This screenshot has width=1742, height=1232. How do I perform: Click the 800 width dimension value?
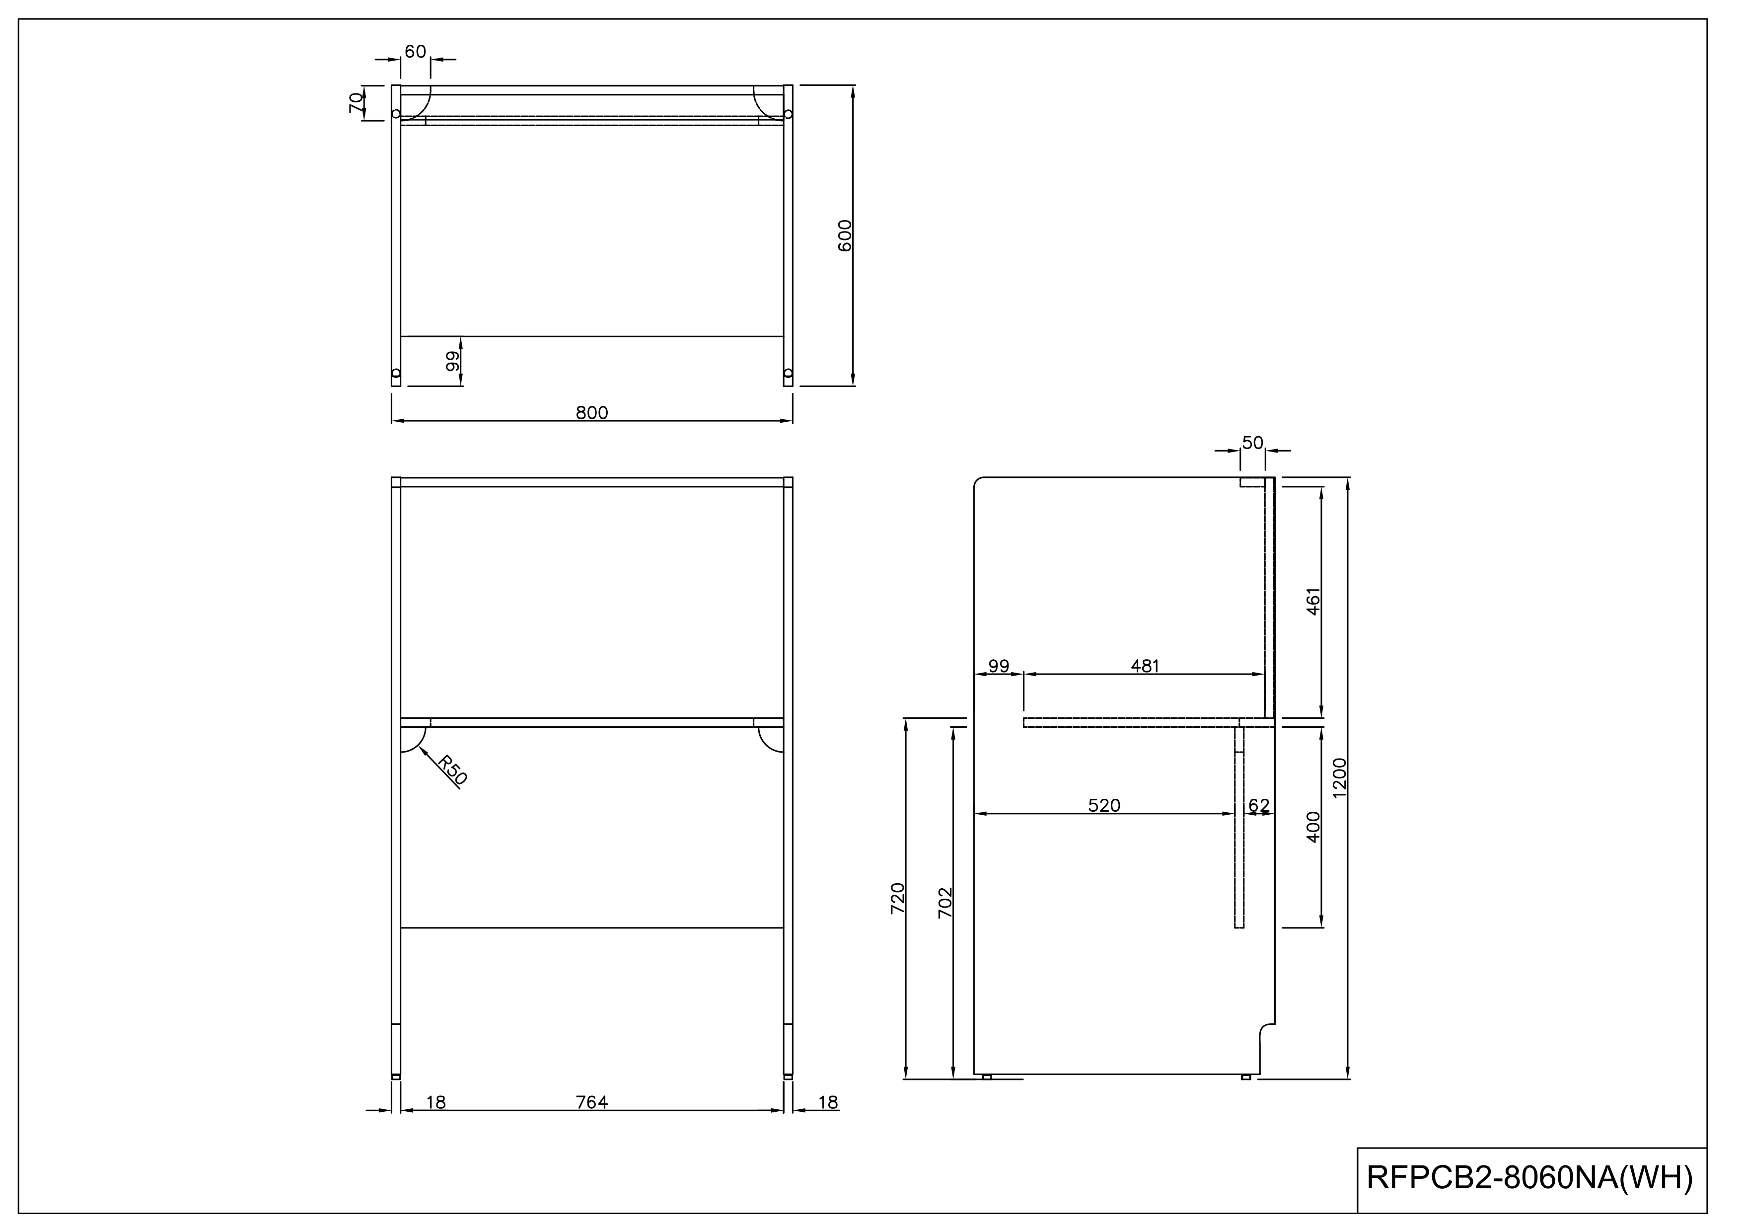(592, 413)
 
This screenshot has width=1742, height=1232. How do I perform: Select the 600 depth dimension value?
(845, 235)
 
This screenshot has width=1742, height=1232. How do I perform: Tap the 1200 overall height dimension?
(1339, 778)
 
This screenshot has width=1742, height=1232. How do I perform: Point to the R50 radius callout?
(453, 770)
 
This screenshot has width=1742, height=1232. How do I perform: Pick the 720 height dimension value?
(897, 898)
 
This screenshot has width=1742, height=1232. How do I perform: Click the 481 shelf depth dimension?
(1145, 666)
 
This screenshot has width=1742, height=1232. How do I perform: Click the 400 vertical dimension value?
(1313, 827)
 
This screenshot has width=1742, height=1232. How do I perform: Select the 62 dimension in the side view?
(1259, 805)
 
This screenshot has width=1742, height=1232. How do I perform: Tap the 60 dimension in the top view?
(415, 52)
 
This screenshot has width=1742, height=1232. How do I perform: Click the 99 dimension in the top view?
(453, 361)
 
